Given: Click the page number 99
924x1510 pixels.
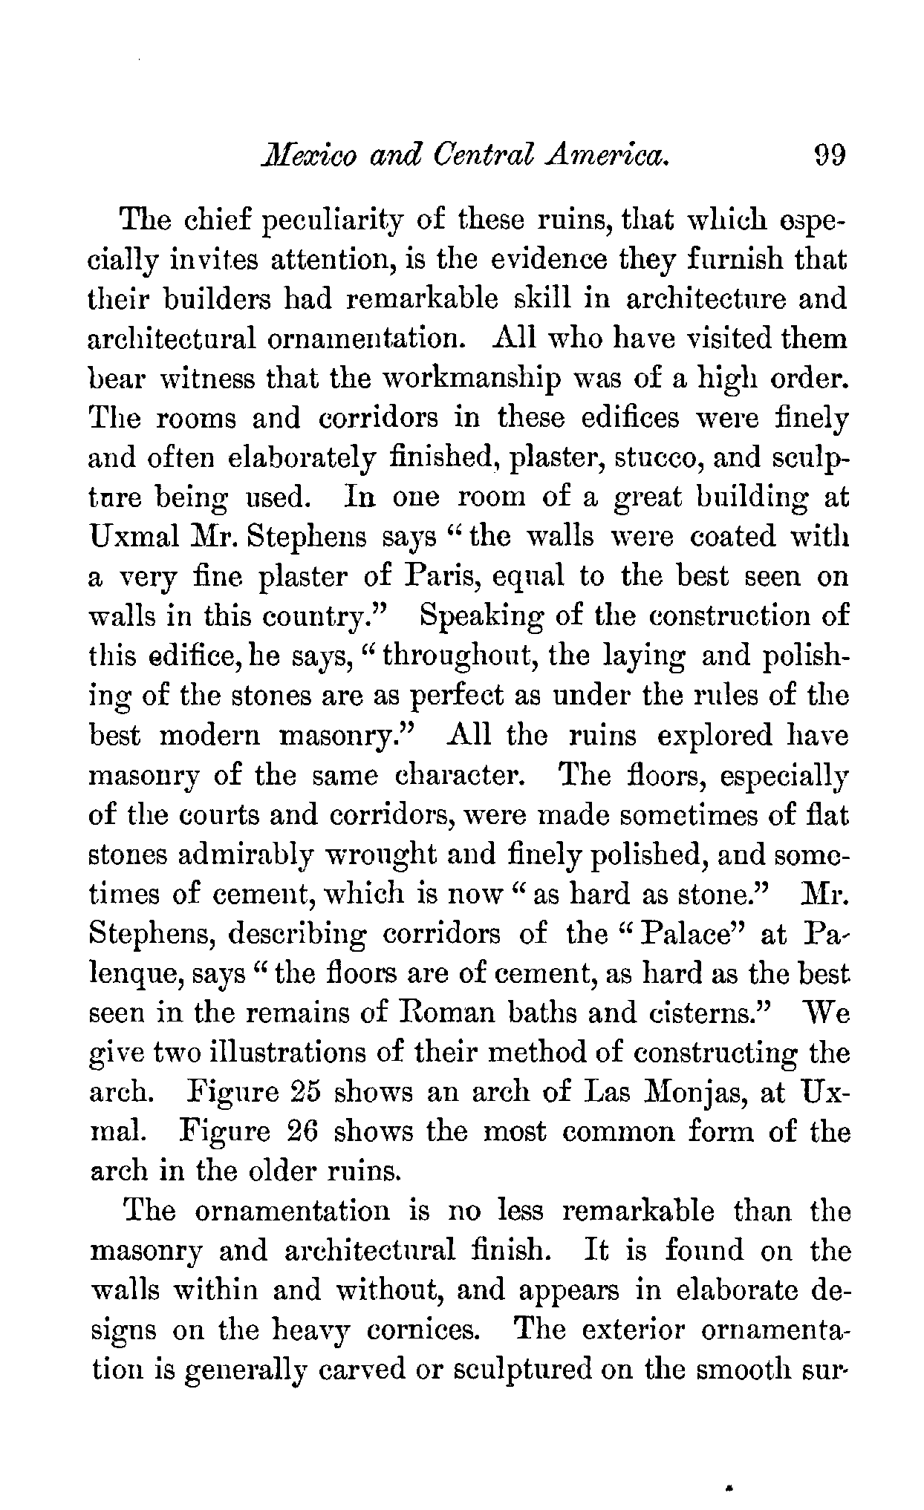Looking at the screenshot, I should click(830, 157).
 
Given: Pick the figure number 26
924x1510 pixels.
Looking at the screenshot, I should click(302, 1132).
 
